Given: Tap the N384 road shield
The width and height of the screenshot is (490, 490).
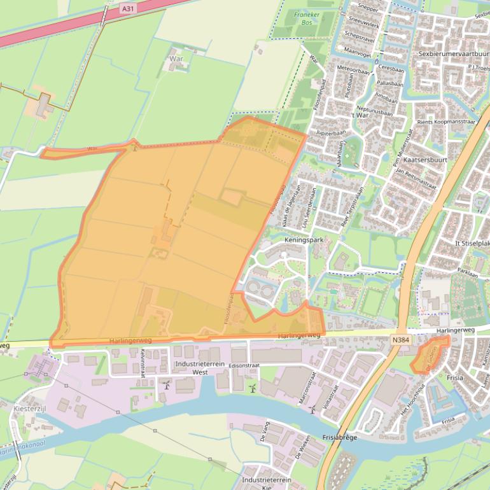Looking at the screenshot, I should pos(400,340).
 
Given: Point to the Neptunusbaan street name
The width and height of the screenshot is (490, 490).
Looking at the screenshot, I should pos(375,109).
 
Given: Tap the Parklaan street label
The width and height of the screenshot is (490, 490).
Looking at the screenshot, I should pos(467,271).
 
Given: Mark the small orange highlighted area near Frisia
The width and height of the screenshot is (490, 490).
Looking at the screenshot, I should pos(428,356).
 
